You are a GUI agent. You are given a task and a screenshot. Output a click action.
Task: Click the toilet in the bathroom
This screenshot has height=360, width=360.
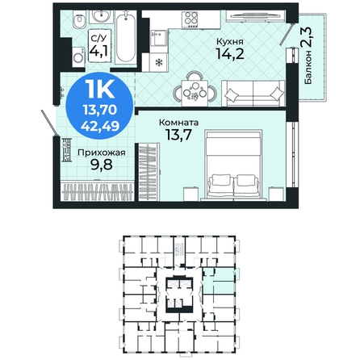coord(79,21)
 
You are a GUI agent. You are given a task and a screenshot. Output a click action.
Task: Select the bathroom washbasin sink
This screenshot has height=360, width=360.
coord(102,17)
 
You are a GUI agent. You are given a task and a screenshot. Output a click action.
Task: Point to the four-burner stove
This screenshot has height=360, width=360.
coord(190,19)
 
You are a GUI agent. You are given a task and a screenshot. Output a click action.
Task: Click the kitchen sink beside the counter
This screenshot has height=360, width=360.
coord(158,38)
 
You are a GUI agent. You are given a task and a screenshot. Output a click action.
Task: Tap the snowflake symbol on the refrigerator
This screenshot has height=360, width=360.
coord(159,63)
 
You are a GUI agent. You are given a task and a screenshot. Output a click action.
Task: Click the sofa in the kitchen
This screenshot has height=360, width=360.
coord(253,93)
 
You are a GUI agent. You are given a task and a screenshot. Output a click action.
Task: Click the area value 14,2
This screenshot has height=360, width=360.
coord(230,53)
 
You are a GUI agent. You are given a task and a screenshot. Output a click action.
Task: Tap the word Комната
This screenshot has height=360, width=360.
coord(179,123)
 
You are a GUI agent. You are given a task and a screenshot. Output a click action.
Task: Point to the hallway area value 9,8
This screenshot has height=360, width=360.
coord(101,165)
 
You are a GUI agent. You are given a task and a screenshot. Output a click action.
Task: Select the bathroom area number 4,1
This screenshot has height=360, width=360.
coord(99,51)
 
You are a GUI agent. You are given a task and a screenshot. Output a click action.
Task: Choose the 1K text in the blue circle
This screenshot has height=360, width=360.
coord(100,90)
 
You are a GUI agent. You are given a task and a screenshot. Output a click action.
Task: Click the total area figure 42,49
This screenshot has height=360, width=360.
coord(100,125)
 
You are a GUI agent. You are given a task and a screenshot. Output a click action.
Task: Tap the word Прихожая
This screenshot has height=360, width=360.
coord(102,153)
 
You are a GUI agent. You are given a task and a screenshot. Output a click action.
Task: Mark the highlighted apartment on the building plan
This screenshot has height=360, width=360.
coord(218,281)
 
